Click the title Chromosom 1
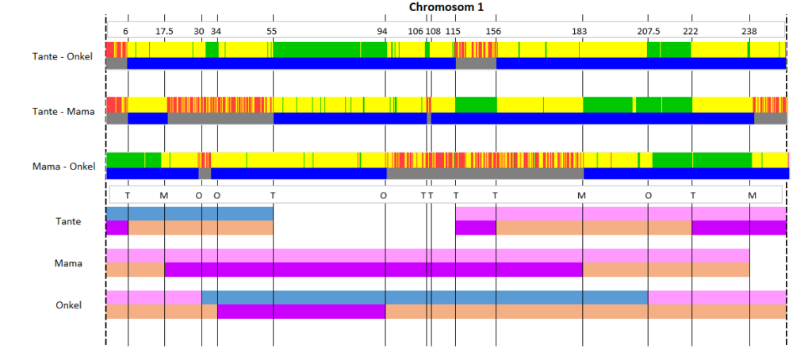(x=446, y=7)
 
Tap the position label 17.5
(x=165, y=31)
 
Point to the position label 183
(x=580, y=31)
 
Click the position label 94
(x=382, y=31)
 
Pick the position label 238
(x=749, y=31)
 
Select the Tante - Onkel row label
(x=62, y=56)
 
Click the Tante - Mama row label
(x=63, y=111)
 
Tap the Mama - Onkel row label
(x=63, y=167)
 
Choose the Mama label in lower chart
(x=68, y=263)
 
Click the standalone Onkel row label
(x=68, y=305)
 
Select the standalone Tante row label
(x=68, y=221)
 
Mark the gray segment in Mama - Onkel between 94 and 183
(x=485, y=174)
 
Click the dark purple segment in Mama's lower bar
(x=373, y=270)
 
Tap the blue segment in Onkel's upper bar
(x=425, y=297)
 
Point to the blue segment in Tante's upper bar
(x=190, y=213)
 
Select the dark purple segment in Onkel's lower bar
(x=301, y=312)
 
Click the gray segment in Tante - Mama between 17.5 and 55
(x=220, y=118)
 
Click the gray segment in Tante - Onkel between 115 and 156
(x=476, y=63)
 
